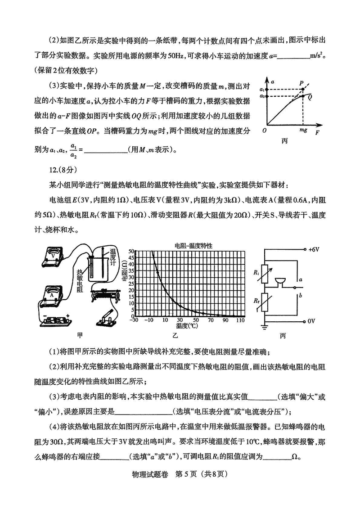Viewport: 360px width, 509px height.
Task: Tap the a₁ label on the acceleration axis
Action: [262, 90]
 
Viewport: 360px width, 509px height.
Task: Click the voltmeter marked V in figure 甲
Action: [55, 257]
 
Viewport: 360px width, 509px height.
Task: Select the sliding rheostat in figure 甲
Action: [104, 295]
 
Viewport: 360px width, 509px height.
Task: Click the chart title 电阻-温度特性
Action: [194, 246]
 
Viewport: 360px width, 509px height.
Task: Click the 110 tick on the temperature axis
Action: [239, 320]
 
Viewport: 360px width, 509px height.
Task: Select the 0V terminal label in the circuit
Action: [312, 320]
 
